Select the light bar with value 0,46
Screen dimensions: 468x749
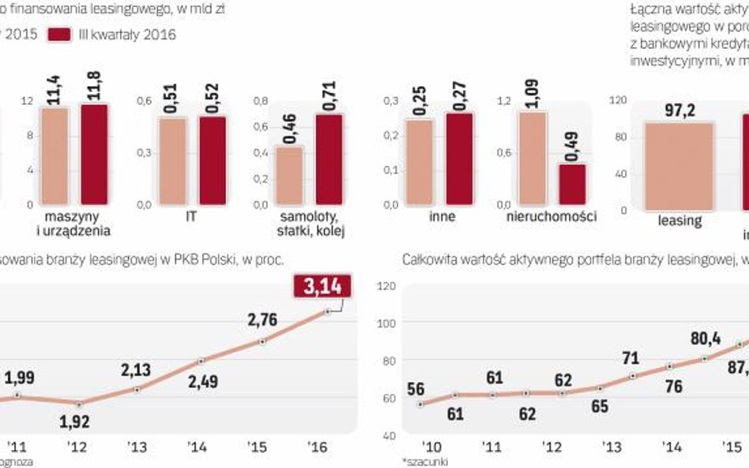click(x=289, y=175)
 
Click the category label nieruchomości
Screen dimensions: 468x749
click(x=551, y=216)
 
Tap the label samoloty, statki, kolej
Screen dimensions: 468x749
click(x=309, y=223)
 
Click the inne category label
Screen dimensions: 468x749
click(x=442, y=216)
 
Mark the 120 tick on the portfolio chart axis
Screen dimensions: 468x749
click(x=386, y=287)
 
